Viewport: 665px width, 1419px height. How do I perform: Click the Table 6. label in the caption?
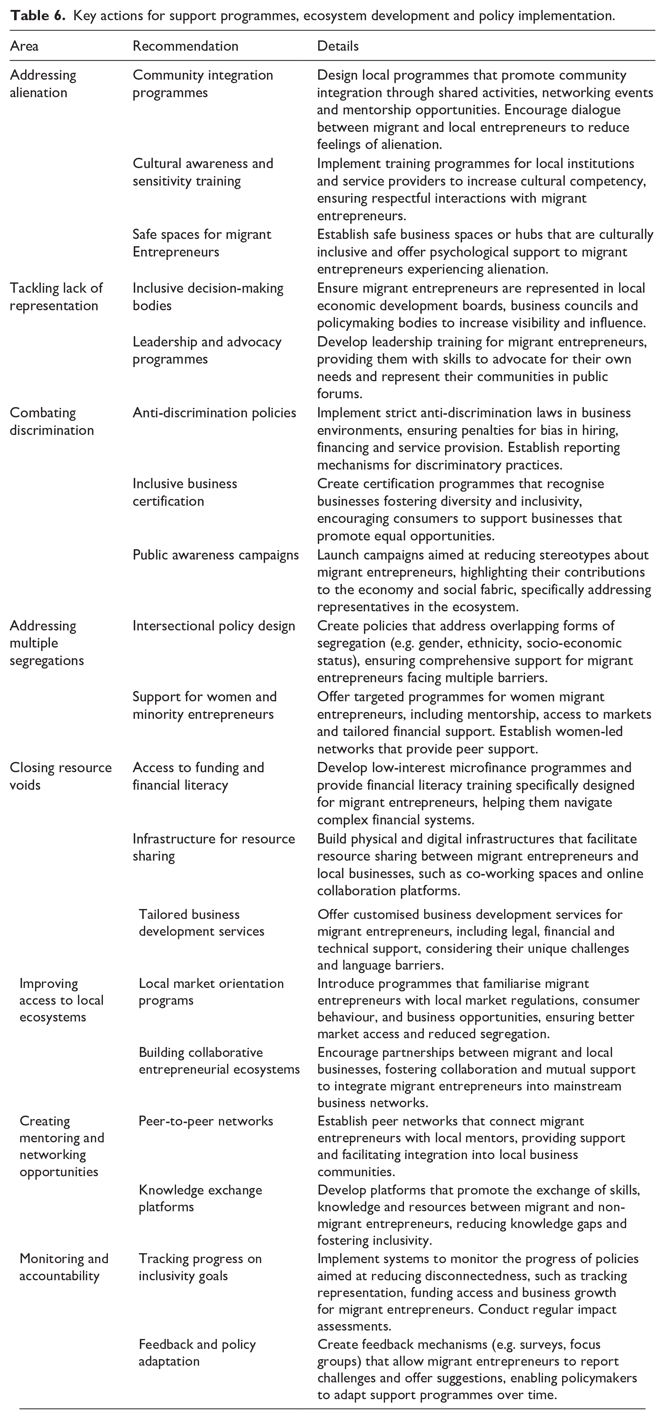pyautogui.click(x=38, y=15)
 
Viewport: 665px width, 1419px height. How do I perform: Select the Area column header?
pyautogui.click(x=24, y=46)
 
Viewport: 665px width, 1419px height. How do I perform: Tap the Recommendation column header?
pyautogui.click(x=185, y=46)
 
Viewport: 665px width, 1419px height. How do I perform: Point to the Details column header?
pyautogui.click(x=338, y=46)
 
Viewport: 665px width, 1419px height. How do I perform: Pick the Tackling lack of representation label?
pyautogui.click(x=56, y=297)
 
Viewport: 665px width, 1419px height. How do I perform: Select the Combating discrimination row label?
pyautogui.click(x=52, y=422)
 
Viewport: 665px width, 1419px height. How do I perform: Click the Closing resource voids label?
pyautogui.click(x=61, y=776)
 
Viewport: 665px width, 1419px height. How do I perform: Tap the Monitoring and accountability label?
pyautogui.click(x=64, y=1267)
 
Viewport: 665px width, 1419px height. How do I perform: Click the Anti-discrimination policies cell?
pyautogui.click(x=214, y=413)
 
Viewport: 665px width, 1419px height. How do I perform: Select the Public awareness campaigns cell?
pyautogui.click(x=215, y=555)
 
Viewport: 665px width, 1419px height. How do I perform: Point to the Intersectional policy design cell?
pyautogui.click(x=214, y=626)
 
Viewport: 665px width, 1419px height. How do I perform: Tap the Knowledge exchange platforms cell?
pyautogui.click(x=200, y=1198)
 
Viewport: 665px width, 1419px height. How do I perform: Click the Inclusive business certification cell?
pyautogui.click(x=184, y=492)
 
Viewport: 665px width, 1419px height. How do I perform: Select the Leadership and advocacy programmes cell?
pyautogui.click(x=207, y=350)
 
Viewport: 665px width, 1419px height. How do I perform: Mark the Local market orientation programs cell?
pyautogui.click(x=211, y=991)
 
